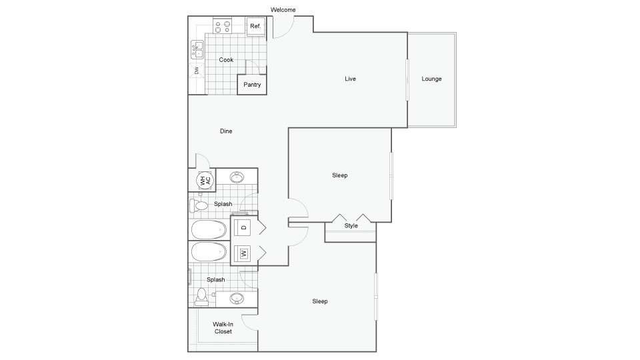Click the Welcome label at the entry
click(x=283, y=10)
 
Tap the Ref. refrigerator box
click(x=256, y=26)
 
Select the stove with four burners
click(x=223, y=27)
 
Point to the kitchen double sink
click(x=197, y=50)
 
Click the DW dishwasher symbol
click(x=197, y=70)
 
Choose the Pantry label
click(x=252, y=85)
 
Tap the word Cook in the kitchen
click(x=226, y=59)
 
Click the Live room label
click(x=350, y=79)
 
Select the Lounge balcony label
click(x=431, y=79)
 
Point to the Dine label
click(x=226, y=131)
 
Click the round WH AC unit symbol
click(x=205, y=180)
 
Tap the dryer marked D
click(x=244, y=227)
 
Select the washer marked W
click(x=244, y=253)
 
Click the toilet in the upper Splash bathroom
click(x=199, y=205)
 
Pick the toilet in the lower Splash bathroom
click(x=201, y=297)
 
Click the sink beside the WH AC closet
click(x=237, y=177)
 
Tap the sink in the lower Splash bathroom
click(x=237, y=299)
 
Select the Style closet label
click(x=351, y=225)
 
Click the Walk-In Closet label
click(x=223, y=328)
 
